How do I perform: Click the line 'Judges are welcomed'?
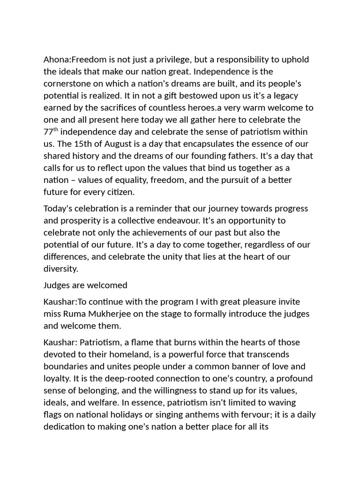pos(85,285)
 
